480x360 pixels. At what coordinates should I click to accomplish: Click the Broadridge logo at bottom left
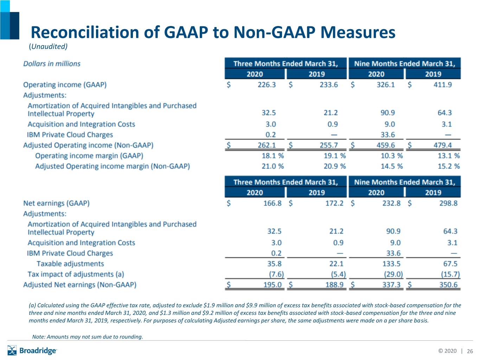point(32,351)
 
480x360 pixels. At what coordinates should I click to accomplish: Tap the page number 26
point(470,351)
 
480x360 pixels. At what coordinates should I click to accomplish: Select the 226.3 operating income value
point(267,85)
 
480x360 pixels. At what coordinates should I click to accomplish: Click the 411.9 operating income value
point(443,85)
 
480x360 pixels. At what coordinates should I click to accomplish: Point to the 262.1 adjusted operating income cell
point(267,145)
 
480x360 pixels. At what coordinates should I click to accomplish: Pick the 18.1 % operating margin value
point(273,156)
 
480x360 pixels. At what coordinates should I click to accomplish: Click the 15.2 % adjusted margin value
point(449,166)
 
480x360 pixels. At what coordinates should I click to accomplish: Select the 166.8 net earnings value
point(272,203)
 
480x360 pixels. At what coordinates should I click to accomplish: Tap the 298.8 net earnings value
point(448,203)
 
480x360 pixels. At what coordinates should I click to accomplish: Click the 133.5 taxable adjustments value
point(391,264)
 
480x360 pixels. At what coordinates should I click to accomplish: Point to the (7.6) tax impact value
point(276,274)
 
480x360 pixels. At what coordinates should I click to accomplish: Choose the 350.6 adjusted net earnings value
point(448,285)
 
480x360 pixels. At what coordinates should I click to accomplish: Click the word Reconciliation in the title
point(85,32)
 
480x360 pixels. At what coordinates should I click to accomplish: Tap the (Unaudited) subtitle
point(48,46)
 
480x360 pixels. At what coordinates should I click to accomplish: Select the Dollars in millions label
point(52,64)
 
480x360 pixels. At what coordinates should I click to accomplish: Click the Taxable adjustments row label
point(70,264)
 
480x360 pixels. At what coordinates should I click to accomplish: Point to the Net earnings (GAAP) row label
point(56,203)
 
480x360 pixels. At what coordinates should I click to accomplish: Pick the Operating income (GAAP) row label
point(65,85)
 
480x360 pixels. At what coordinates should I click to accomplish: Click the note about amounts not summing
point(88,336)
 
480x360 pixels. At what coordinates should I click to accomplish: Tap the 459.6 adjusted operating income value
point(385,145)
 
